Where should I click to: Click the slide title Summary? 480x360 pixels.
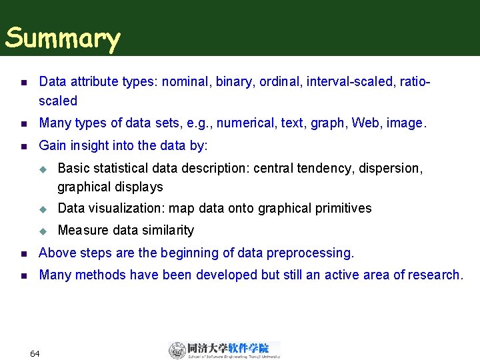[x=63, y=39]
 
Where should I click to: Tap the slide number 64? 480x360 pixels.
[x=35, y=353]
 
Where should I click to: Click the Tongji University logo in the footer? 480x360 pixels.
[x=224, y=350]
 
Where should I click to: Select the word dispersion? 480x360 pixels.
[x=391, y=168]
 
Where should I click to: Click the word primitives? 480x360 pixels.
[x=339, y=209]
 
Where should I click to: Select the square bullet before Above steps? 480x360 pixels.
[x=23, y=254]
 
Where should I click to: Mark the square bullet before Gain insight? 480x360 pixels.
[x=23, y=146]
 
